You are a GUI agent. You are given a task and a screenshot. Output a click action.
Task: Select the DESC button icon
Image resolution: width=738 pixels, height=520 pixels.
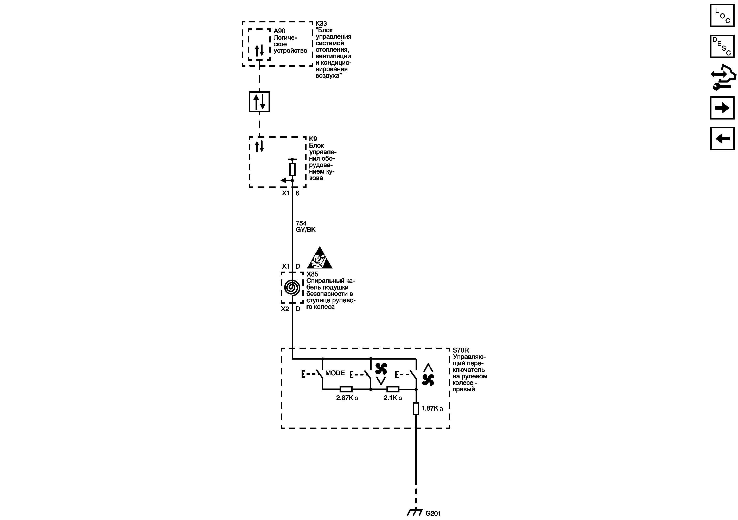(x=722, y=46)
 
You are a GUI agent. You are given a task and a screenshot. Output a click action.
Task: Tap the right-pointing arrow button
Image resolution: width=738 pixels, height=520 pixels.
(x=722, y=108)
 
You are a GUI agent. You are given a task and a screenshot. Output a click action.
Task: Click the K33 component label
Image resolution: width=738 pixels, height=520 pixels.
(x=321, y=23)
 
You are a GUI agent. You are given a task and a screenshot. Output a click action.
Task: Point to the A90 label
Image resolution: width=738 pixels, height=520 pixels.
(x=279, y=31)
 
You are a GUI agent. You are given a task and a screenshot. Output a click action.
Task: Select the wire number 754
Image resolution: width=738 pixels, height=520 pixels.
(x=301, y=223)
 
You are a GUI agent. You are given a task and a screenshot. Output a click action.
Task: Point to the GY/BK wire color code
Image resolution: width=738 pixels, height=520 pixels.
(x=305, y=230)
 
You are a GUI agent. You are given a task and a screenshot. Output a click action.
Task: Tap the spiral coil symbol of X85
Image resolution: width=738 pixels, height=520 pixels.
(x=292, y=287)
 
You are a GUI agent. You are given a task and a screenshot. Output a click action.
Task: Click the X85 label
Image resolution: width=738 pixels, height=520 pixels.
(x=312, y=274)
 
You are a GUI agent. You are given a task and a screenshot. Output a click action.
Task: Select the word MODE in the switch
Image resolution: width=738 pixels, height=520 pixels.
(x=335, y=373)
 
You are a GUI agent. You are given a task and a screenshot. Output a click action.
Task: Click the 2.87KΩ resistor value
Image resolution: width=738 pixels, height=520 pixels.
(x=347, y=398)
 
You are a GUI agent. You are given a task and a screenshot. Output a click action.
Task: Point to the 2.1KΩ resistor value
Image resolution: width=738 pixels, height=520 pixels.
(x=392, y=398)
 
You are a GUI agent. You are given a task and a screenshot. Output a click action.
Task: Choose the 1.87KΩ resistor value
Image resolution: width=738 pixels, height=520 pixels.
(x=432, y=408)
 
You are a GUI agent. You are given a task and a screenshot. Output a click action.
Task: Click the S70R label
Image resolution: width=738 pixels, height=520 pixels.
(x=461, y=350)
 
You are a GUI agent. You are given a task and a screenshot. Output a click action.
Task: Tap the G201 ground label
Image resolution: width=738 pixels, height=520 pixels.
(x=433, y=513)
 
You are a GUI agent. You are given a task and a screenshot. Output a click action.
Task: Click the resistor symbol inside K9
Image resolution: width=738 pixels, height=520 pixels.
(x=292, y=169)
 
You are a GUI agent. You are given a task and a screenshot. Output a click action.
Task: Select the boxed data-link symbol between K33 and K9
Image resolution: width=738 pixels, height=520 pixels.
(x=259, y=102)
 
